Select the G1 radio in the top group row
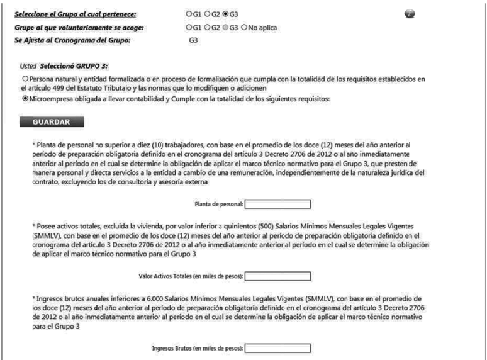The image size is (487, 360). (x=189, y=13)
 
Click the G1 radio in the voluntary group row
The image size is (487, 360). (x=189, y=28)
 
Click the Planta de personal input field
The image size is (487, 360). (x=277, y=203)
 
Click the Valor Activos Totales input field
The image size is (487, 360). (x=277, y=275)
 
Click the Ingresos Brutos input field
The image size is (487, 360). (x=277, y=347)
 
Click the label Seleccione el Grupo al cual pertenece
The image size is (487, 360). (x=76, y=13)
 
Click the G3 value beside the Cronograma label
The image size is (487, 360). (x=194, y=40)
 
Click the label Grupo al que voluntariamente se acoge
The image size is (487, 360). (x=74, y=28)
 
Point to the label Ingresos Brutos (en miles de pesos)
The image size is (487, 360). (x=197, y=347)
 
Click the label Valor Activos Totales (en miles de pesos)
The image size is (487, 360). (x=190, y=275)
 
